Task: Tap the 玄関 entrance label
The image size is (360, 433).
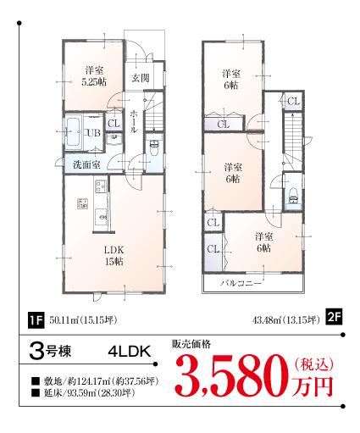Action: click(139, 79)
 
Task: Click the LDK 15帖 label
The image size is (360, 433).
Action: click(114, 256)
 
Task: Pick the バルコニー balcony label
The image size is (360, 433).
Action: click(240, 283)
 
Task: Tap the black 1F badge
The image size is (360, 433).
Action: click(36, 319)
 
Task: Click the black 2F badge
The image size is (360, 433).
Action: click(333, 319)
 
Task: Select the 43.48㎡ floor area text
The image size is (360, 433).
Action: click(285, 319)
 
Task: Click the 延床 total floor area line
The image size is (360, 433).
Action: click(83, 393)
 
